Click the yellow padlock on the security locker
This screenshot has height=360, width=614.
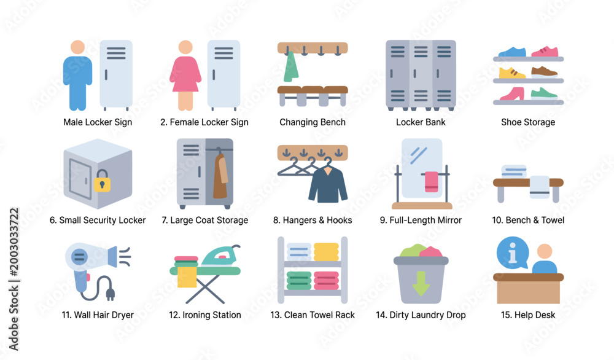tap(102, 181)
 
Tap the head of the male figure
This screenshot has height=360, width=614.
tap(77, 47)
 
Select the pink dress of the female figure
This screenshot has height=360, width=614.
tap(185, 74)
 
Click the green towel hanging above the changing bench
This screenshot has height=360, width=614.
tap(290, 66)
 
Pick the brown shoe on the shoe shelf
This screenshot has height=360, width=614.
tap(544, 72)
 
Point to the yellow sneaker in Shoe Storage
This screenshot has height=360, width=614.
tap(512, 72)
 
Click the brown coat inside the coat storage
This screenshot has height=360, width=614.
tap(220, 176)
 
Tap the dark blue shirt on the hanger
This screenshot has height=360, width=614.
tap(328, 184)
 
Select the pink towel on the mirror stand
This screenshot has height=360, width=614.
tap(432, 182)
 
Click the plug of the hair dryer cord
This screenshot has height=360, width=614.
tap(111, 294)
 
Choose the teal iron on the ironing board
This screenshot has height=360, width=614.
tap(220, 256)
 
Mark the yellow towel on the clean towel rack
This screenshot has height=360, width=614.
tap(326, 252)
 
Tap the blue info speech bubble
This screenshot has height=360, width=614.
tap(512, 252)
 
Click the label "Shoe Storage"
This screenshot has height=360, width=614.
tap(528, 122)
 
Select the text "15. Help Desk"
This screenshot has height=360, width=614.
tap(528, 315)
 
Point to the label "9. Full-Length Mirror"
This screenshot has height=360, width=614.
tap(421, 220)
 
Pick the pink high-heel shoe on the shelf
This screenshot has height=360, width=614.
tap(512, 93)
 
